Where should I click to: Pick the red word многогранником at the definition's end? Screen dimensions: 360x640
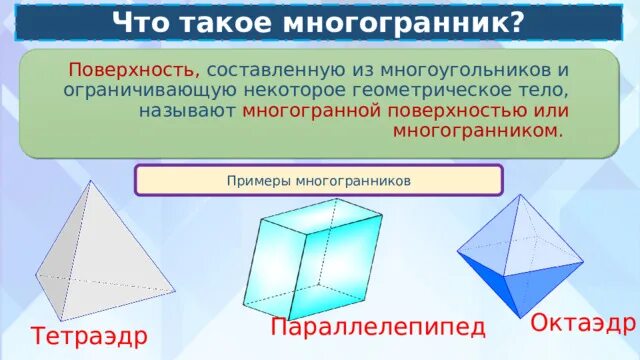[x=479, y=131]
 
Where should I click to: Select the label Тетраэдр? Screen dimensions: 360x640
[x=89, y=337]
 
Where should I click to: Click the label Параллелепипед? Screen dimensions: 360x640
[x=378, y=328]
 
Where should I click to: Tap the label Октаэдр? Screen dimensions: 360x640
[x=583, y=323]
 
